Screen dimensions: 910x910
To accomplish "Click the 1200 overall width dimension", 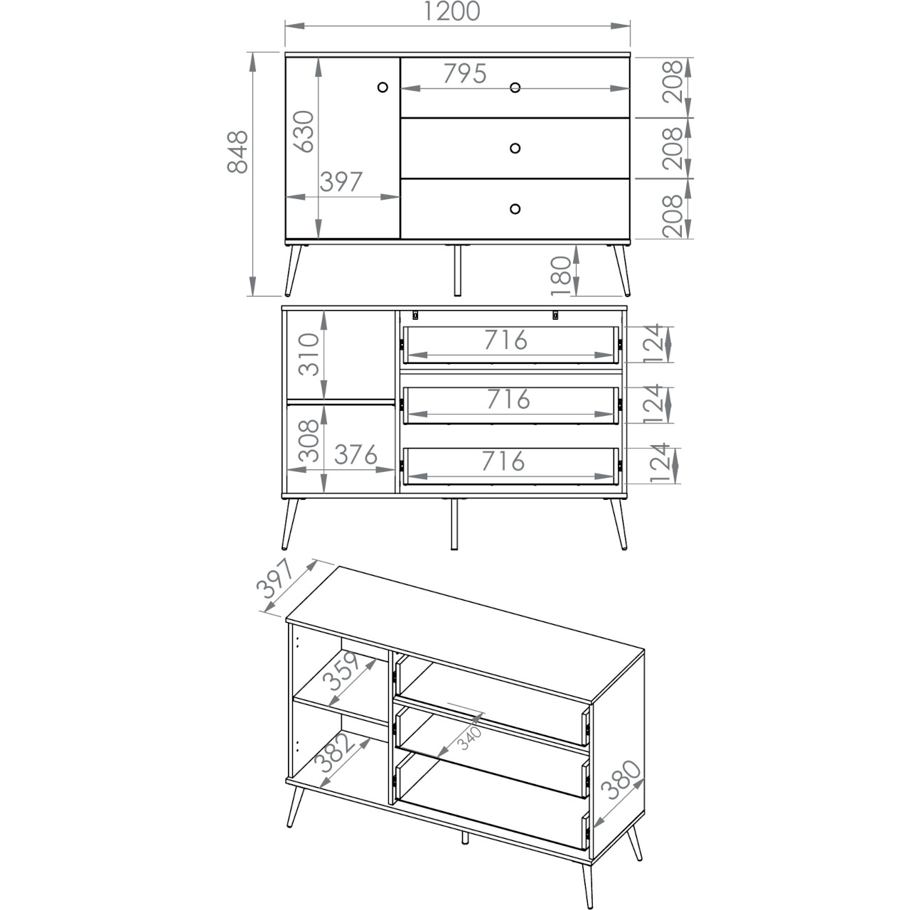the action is coord(451,12).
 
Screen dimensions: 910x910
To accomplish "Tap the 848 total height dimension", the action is coord(237,152).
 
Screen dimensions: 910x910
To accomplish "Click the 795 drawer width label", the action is coord(465,74).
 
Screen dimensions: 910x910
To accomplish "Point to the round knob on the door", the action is coord(383,87).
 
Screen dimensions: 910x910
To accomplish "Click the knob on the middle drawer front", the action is coord(515,149).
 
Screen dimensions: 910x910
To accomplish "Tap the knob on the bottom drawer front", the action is coord(515,209).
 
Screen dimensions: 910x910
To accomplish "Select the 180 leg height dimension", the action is coord(562,276).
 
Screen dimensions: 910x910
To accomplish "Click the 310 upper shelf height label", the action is coord(309,354).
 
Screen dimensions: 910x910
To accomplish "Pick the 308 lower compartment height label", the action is coord(309,441).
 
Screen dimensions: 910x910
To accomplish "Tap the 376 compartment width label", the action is coord(355,455).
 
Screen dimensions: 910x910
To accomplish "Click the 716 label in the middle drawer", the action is coord(508,400).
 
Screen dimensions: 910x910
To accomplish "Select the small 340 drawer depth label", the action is coord(471,738).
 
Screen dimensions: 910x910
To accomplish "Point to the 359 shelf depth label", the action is coord(345,671).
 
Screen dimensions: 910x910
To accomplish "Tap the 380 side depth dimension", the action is coord(621,780).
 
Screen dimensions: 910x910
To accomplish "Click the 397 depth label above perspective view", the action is coord(275,579).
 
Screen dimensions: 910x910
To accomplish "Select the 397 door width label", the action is coord(341,182).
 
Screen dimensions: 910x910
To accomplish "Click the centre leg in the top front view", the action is coord(457,271).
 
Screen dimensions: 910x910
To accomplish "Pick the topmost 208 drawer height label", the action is coord(673,81).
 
